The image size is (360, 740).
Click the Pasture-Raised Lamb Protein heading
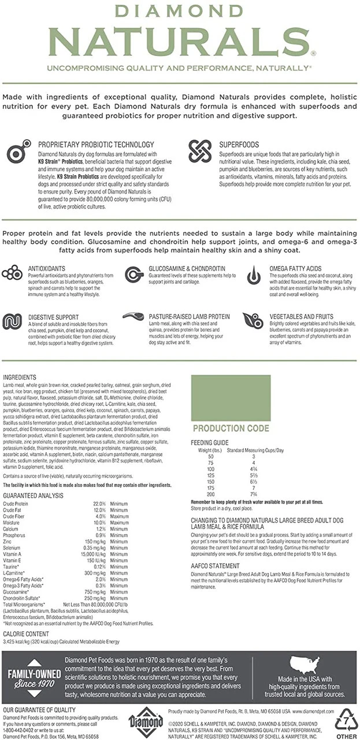[x=189, y=317]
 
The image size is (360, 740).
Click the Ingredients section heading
[x=20, y=377]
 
